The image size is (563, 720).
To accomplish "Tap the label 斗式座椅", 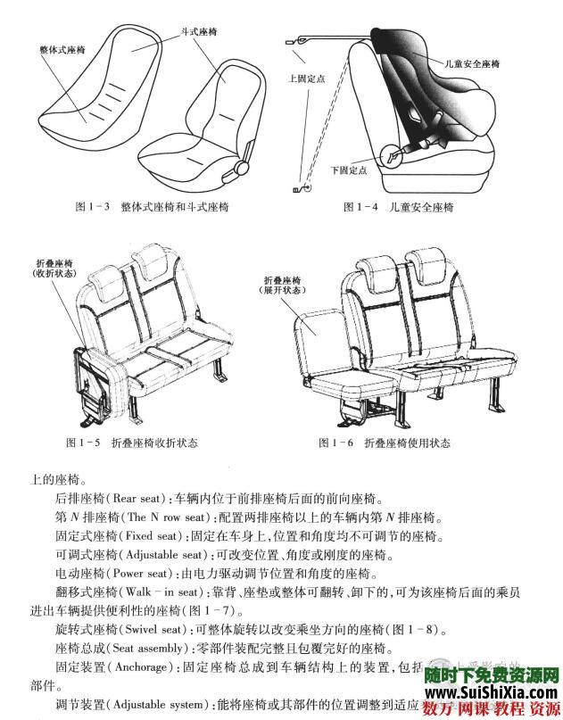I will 198,30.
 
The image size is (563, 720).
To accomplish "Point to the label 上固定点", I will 307,79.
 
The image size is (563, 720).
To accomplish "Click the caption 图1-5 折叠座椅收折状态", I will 132,443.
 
